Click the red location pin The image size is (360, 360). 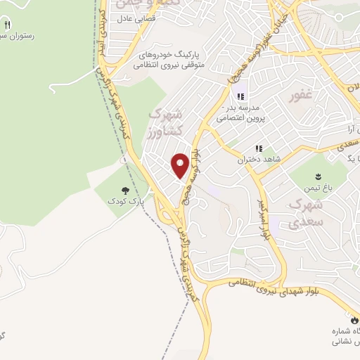[x=181, y=165]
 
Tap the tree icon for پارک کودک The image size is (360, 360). [x=126, y=191]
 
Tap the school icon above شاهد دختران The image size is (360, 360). [x=259, y=148]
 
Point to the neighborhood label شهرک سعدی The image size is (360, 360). [x=304, y=213]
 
